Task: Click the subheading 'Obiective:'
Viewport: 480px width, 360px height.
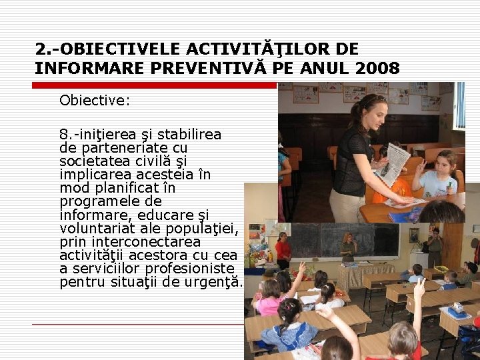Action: pos(95,101)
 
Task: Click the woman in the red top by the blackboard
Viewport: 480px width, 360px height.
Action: pos(283,250)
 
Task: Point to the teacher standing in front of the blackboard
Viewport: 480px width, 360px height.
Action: pos(348,248)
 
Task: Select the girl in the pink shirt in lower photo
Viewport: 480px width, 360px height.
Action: pos(271,297)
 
